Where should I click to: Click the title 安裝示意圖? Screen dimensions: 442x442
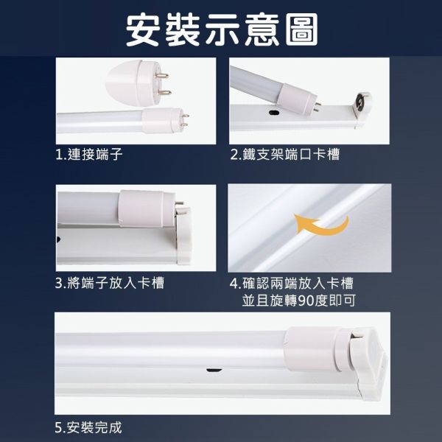coord(221,30)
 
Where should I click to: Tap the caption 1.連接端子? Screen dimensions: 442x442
coord(88,155)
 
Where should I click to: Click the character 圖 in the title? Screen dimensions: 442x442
coord(299,30)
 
